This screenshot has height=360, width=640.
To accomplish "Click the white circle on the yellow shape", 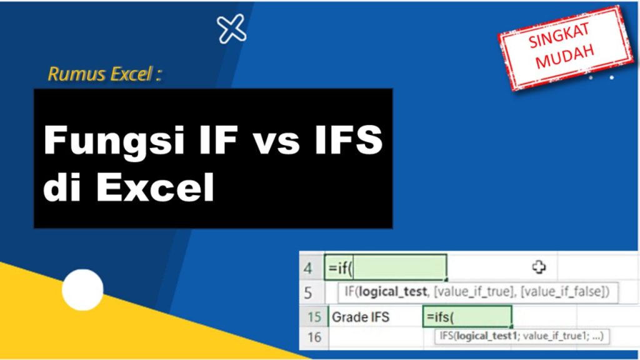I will tap(82, 289).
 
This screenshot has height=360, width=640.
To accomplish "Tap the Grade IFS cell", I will tap(361, 317).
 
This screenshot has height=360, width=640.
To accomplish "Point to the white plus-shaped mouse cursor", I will tap(539, 267).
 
